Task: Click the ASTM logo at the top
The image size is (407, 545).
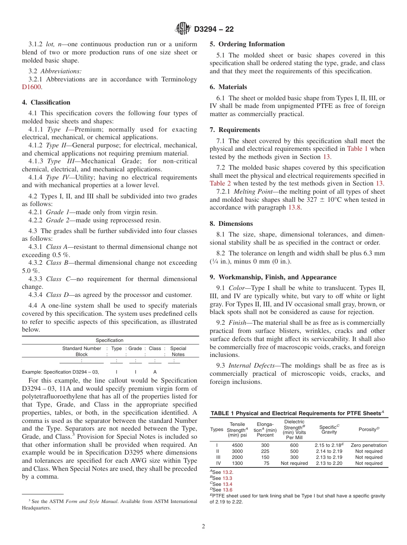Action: click(x=183, y=29)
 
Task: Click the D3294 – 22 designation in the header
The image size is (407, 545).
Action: click(x=214, y=29)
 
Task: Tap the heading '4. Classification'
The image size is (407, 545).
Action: click(x=46, y=102)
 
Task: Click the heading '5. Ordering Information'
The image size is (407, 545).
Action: click(x=247, y=44)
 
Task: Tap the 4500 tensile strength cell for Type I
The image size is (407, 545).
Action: click(x=237, y=445)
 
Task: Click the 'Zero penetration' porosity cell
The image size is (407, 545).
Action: click(x=368, y=445)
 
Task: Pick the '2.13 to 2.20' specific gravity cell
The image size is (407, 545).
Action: click(x=329, y=463)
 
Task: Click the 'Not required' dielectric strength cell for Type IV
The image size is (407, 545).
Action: click(x=294, y=463)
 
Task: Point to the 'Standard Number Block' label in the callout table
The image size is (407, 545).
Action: click(x=81, y=351)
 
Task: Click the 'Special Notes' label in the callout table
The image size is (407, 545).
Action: click(x=178, y=351)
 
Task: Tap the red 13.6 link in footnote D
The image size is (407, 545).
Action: click(x=227, y=490)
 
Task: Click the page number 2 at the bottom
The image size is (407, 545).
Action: click(x=203, y=527)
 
